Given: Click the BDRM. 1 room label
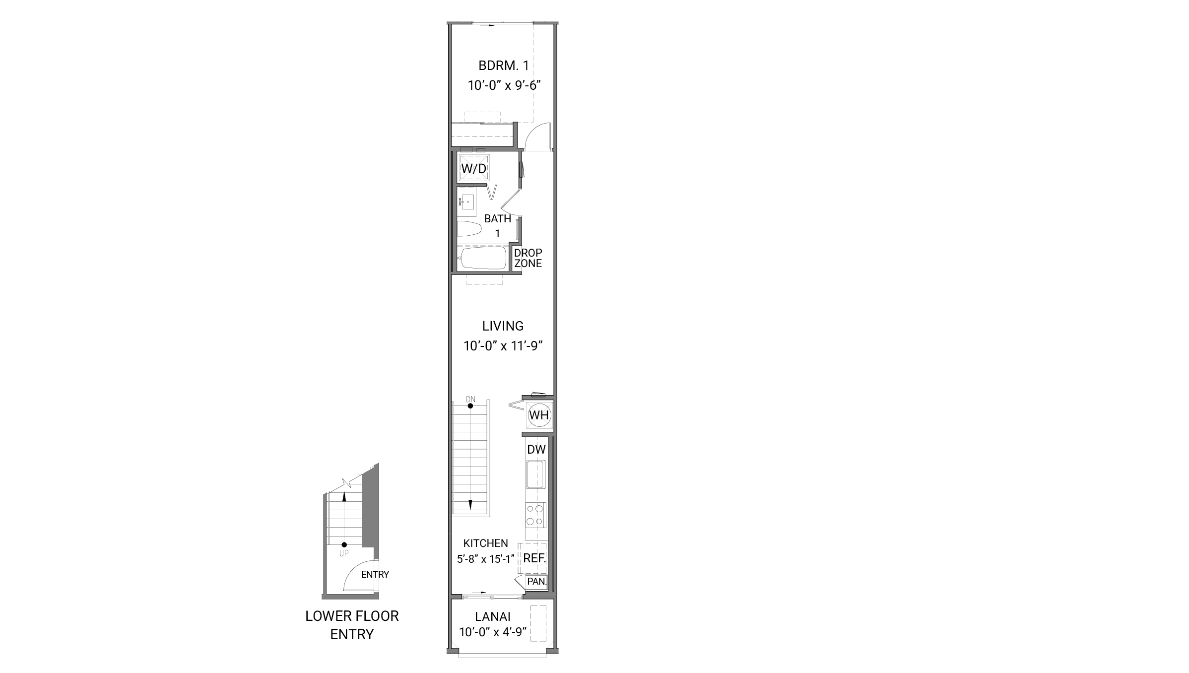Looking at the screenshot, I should coord(503,66).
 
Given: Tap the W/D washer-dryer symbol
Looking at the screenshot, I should coord(474,168).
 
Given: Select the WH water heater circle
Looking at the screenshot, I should coord(538,414).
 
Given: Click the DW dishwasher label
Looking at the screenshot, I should coord(536,450).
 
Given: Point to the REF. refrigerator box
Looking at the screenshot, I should coord(534,558).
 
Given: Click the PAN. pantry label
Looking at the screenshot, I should coord(536,581).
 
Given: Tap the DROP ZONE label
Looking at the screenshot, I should coord(528,258).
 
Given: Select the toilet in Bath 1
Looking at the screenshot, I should coord(469,229).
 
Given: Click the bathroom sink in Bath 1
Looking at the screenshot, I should coord(468,202).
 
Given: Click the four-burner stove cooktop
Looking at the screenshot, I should coord(535,515).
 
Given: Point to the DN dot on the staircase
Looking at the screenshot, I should coord(470,406).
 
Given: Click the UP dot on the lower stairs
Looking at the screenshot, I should coord(344,544).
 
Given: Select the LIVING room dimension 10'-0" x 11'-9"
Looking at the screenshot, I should coord(503,346).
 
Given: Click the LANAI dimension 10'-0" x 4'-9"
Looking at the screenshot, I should coord(493,632).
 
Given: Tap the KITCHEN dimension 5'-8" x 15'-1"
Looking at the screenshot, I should coord(486,559).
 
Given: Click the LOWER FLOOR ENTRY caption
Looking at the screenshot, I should coord(352,625).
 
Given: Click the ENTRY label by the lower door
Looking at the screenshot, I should coord(375,574).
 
